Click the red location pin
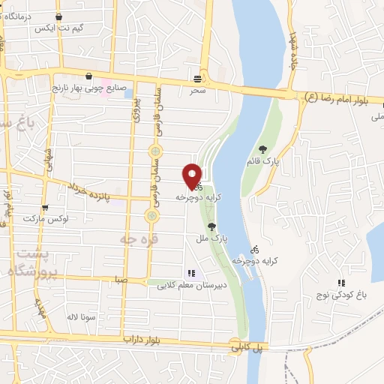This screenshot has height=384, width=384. (x=193, y=175)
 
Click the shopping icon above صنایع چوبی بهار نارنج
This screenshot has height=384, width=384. (x=89, y=76)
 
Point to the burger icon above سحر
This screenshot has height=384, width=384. (x=198, y=77)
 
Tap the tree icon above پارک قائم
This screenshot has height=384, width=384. (x=262, y=149)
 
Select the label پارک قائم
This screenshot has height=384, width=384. (x=262, y=161)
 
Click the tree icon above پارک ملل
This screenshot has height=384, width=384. (x=211, y=226)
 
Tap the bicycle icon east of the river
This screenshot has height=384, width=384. (x=254, y=249)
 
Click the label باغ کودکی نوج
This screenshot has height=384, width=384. (x=343, y=295)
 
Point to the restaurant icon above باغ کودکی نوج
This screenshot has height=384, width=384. (x=341, y=283)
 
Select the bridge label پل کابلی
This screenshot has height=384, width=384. (x=246, y=348)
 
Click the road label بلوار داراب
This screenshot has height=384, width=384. (x=141, y=340)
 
